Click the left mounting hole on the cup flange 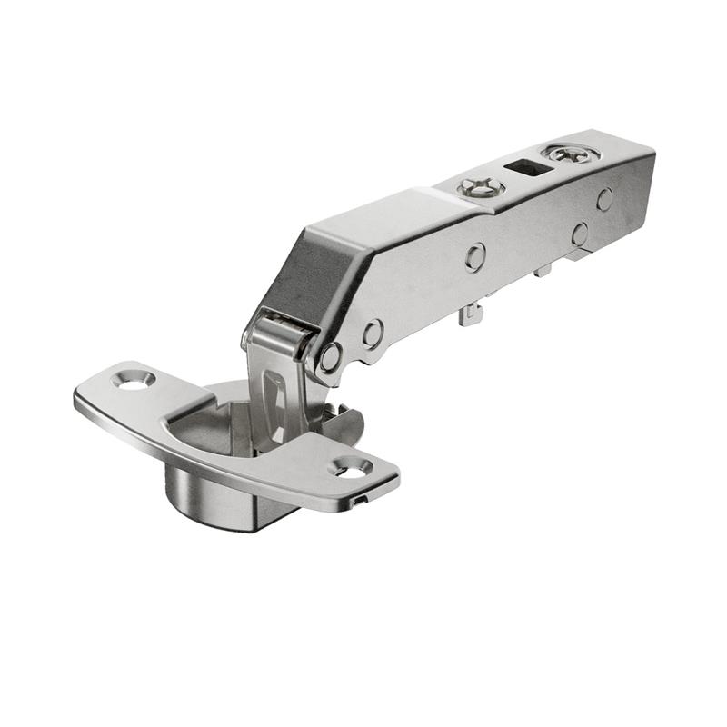[135, 380]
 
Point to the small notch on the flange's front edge [362, 501]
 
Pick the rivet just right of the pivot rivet [372, 334]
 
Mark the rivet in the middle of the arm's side [474, 258]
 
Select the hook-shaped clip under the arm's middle [471, 314]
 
